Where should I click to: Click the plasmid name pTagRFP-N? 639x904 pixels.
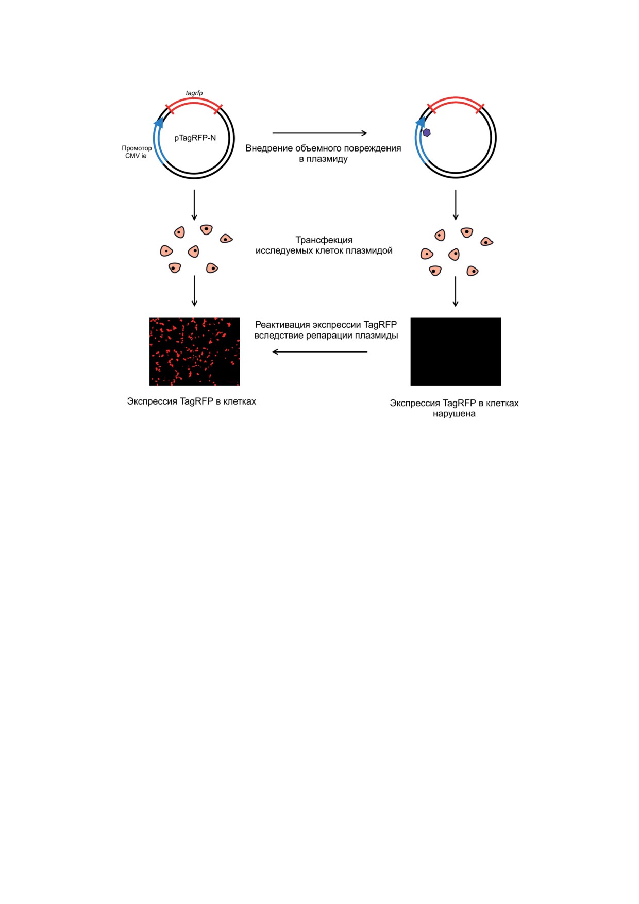click(195, 138)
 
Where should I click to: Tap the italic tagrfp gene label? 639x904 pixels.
click(194, 93)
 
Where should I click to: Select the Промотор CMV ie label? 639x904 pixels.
click(137, 152)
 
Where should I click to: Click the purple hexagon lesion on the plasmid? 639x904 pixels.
click(427, 132)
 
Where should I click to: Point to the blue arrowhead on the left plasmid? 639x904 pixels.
click(159, 122)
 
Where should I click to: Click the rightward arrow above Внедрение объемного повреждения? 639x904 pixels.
click(320, 133)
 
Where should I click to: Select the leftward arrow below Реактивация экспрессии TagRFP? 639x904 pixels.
click(320, 352)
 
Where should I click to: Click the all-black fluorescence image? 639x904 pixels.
click(456, 351)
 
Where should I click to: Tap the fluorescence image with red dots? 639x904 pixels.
click(194, 351)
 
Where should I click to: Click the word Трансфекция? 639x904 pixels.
click(324, 240)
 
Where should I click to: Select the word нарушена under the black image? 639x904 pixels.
click(454, 414)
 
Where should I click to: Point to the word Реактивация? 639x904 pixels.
click(282, 325)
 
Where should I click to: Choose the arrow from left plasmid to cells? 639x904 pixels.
click(194, 205)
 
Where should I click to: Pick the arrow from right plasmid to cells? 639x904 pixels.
click(456, 205)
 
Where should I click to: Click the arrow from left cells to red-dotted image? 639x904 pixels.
click(194, 291)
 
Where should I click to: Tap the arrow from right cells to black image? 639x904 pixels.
click(456, 292)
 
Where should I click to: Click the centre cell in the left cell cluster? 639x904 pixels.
click(194, 251)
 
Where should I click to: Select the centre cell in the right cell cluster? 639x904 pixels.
click(454, 254)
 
